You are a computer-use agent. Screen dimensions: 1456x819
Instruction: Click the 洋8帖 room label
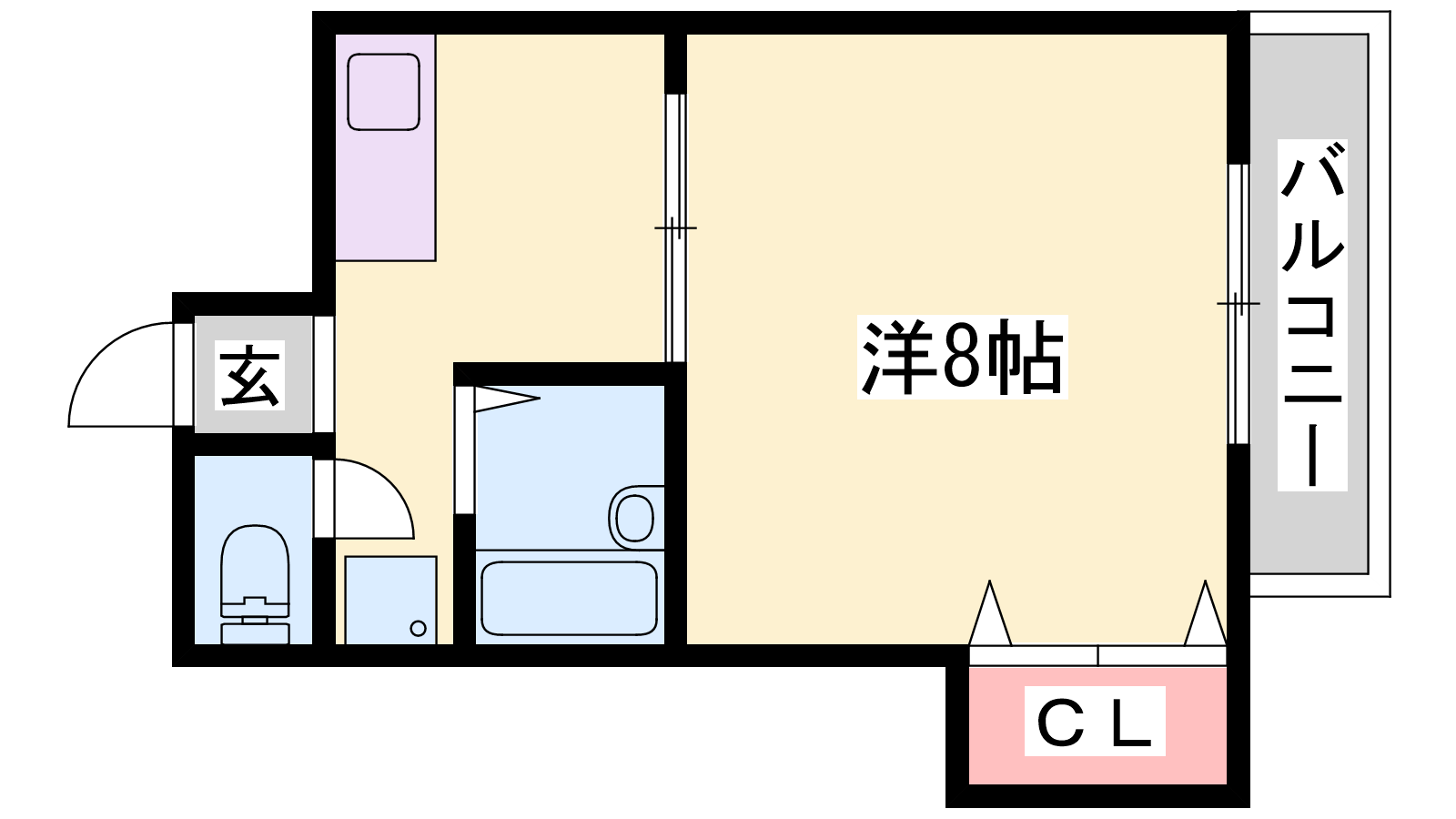tap(962, 357)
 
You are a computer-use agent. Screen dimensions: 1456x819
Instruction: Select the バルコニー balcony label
tap(1312, 315)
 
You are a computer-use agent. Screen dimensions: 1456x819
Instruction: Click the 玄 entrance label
tap(249, 375)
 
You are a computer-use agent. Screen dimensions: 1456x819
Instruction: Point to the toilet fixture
tap(255, 584)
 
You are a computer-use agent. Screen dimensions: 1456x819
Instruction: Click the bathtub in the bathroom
tap(569, 598)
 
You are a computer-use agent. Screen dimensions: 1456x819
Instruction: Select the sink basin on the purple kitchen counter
tap(383, 92)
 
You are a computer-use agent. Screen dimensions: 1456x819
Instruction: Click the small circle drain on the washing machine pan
tap(419, 629)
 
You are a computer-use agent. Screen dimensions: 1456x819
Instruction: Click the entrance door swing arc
tap(120, 374)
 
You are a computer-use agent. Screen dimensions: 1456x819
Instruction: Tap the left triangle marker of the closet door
tap(990, 613)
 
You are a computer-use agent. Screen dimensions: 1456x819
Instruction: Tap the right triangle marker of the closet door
tap(1205, 613)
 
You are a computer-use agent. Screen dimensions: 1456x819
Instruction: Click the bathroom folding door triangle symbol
tap(507, 399)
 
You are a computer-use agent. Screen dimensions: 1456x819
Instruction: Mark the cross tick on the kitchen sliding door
tap(675, 227)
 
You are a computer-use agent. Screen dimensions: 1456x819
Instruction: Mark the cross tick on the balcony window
tap(1239, 304)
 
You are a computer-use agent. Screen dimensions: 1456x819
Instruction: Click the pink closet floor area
tap(1097, 725)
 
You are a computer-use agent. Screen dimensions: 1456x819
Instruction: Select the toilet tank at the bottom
tap(255, 633)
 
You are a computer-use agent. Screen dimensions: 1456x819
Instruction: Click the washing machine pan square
tap(390, 600)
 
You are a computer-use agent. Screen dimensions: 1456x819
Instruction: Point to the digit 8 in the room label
tap(961, 357)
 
